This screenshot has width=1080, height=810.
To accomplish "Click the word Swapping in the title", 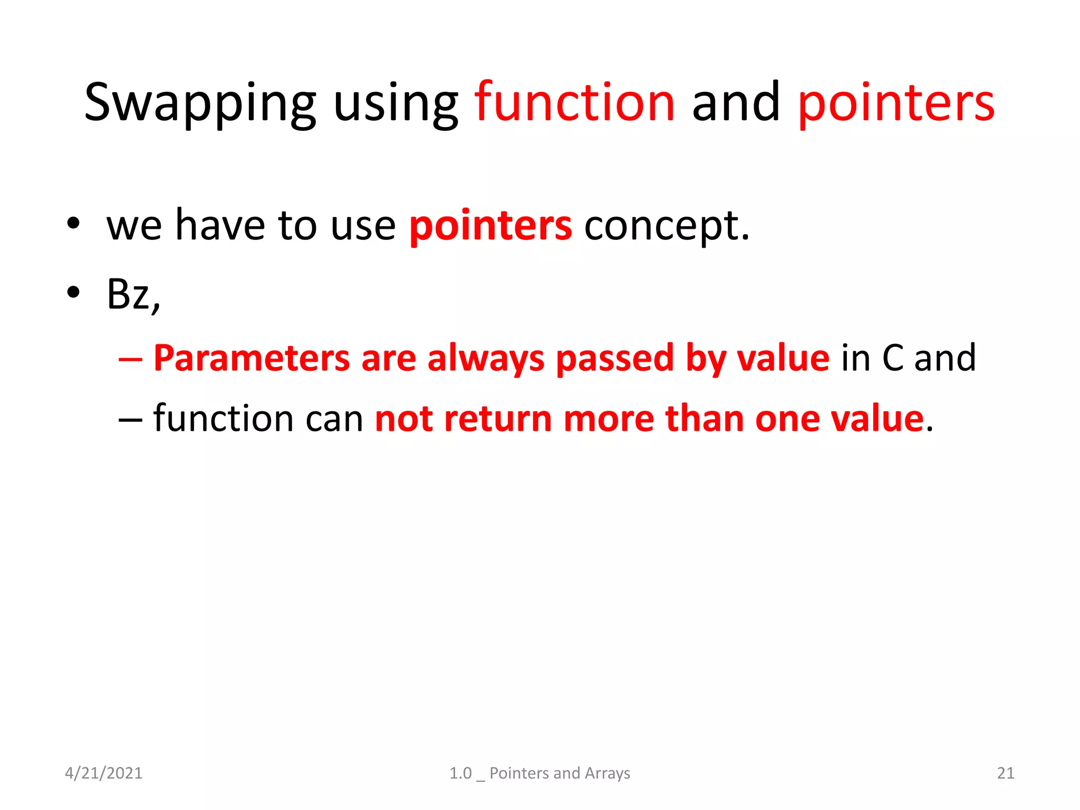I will tap(200, 103).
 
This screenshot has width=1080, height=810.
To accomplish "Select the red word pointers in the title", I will tap(896, 103).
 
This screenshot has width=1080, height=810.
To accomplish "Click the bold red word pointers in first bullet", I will tap(490, 226).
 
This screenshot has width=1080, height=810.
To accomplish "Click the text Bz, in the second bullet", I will tap(133, 294).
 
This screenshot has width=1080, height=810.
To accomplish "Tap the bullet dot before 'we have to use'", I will tap(73, 224).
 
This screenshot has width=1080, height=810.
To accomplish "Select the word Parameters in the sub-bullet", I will tap(252, 359).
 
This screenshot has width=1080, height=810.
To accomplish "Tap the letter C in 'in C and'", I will tap(893, 359).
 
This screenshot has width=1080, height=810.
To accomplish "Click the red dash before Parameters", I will tap(130, 359).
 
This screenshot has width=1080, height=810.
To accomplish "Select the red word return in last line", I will tap(498, 419).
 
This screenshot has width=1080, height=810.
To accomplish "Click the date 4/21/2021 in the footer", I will tap(103, 773).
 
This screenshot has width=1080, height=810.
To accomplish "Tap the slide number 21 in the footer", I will tap(1005, 773).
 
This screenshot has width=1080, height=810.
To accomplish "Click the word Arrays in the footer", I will tap(607, 773).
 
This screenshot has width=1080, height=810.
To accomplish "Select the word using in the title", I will tap(396, 103).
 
